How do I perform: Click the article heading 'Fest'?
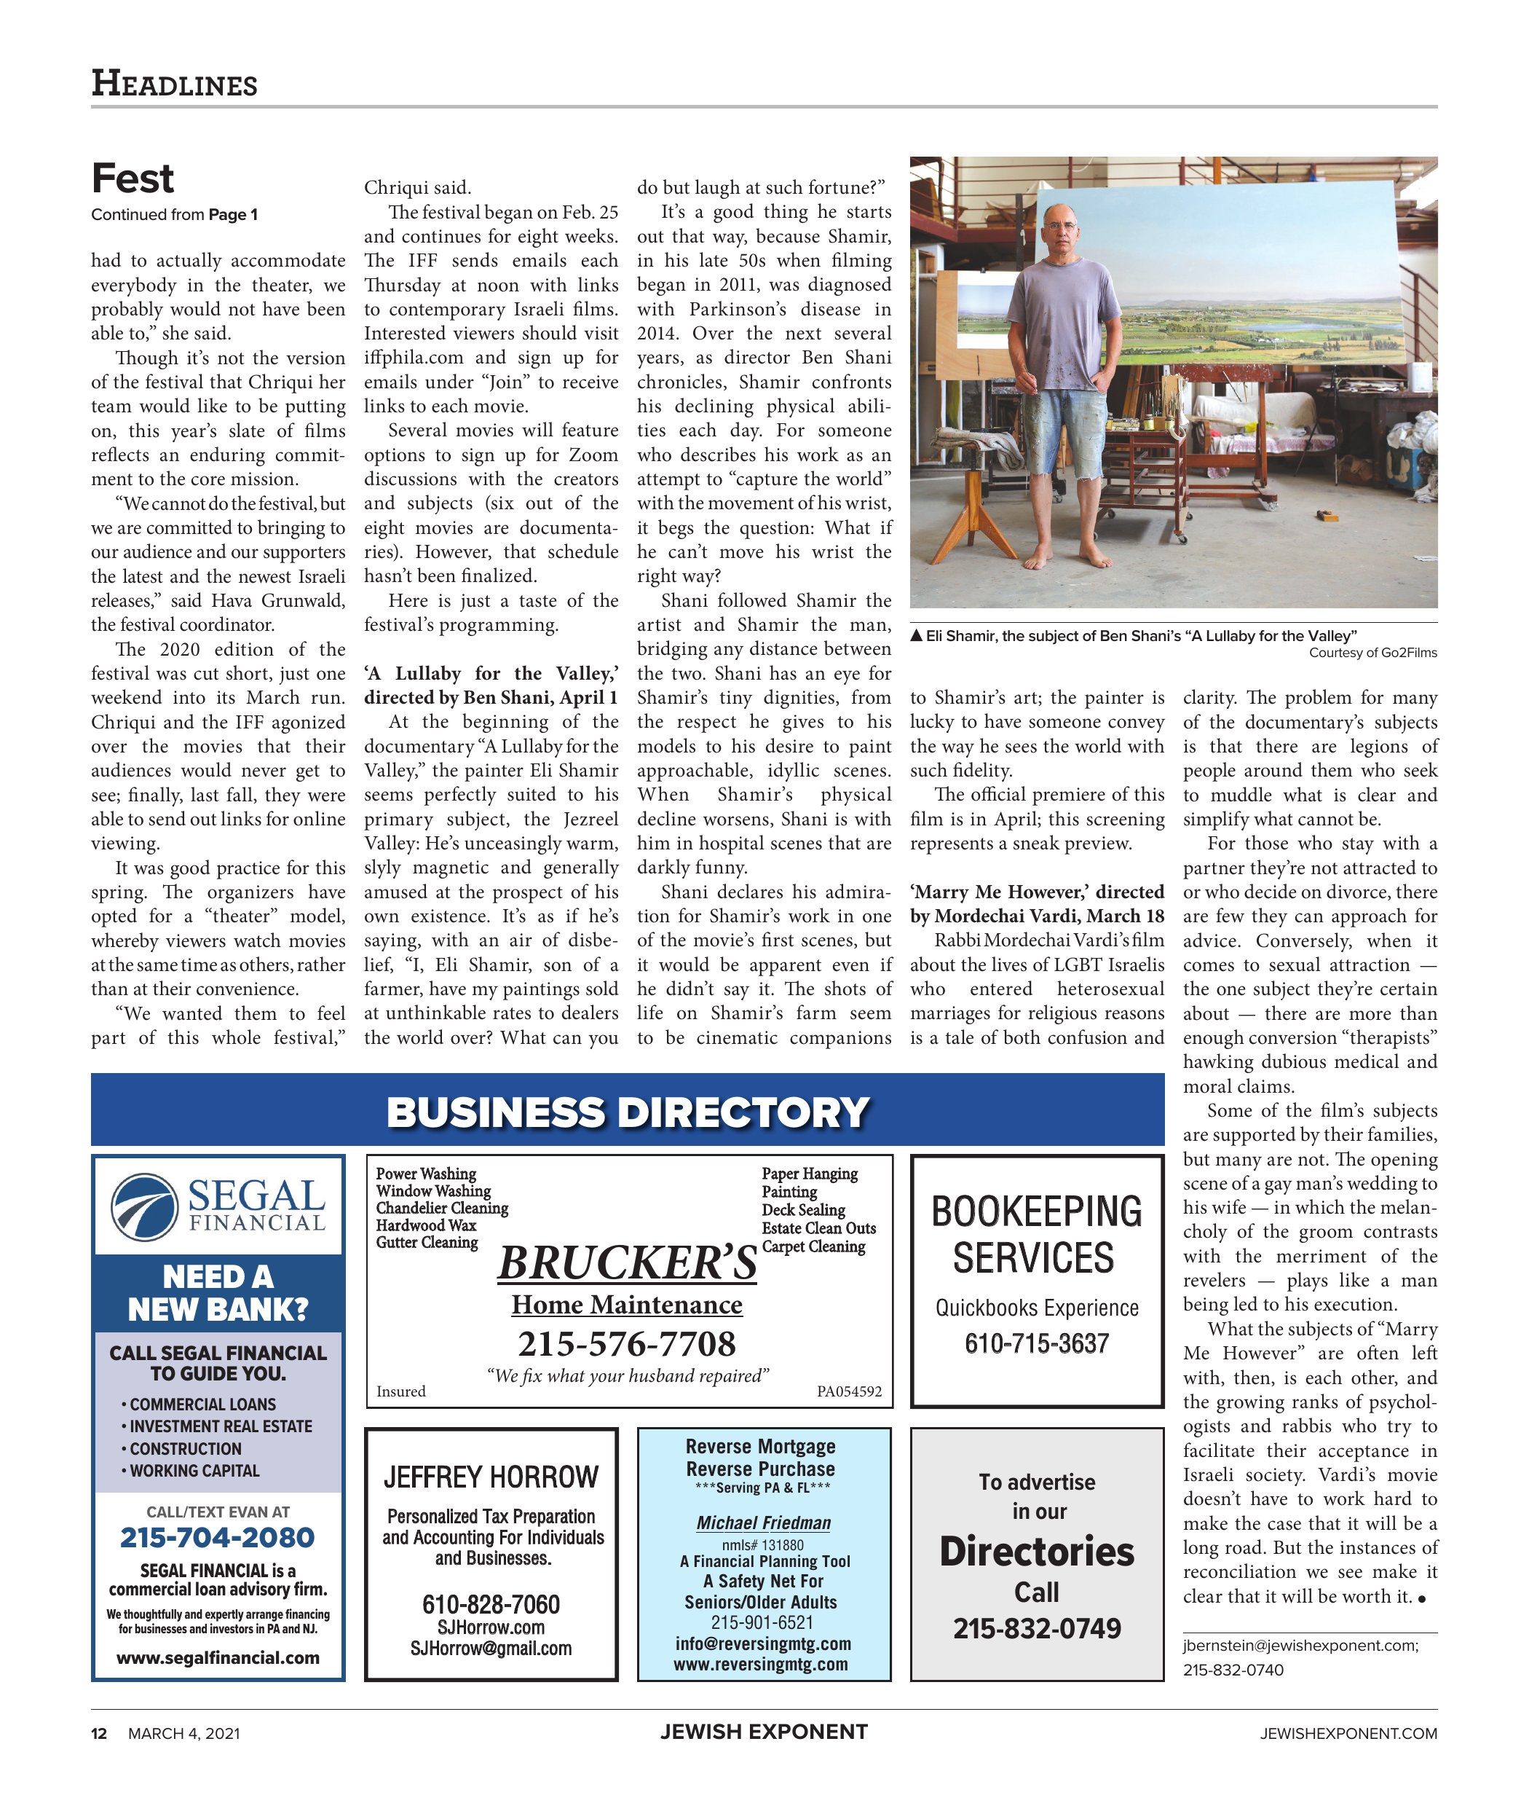133,178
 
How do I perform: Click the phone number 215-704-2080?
217,1538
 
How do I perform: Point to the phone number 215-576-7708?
627,1343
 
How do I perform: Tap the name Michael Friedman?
763,1524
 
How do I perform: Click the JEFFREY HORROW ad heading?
491,1477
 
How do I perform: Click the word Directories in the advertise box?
1037,1552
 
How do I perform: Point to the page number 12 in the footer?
99,1734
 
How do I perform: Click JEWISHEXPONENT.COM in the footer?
1348,1734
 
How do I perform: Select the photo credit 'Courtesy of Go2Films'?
1372,653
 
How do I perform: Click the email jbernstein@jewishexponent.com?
1300,1646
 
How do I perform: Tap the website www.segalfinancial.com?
218,1658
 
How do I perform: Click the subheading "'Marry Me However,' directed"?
1037,892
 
